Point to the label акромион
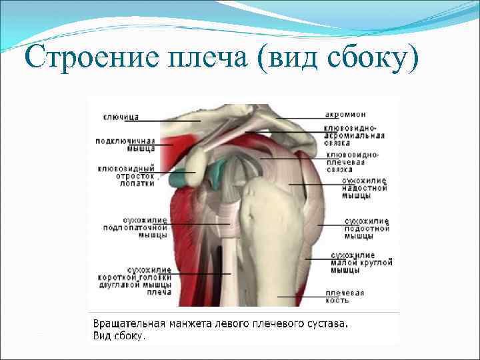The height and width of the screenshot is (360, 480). [x=346, y=115]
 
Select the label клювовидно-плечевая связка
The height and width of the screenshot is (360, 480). [x=353, y=162]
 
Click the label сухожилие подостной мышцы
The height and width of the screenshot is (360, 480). [x=367, y=229]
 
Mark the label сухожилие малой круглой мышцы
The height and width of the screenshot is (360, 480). [x=353, y=263]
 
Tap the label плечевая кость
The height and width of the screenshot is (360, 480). [x=345, y=296]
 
